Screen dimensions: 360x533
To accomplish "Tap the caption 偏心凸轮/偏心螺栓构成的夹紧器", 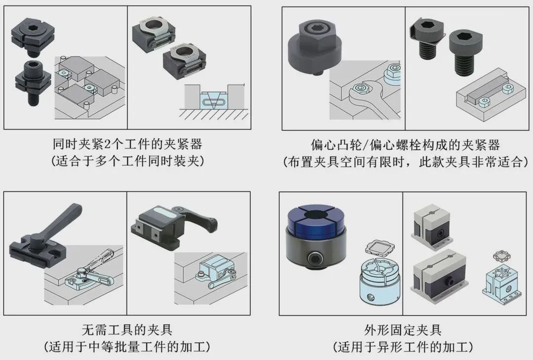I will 405,145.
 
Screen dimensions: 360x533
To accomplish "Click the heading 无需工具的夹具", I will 127,329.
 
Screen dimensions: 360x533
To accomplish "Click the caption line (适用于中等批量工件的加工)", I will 127,346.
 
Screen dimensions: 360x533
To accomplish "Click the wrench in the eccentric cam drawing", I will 365,99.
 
